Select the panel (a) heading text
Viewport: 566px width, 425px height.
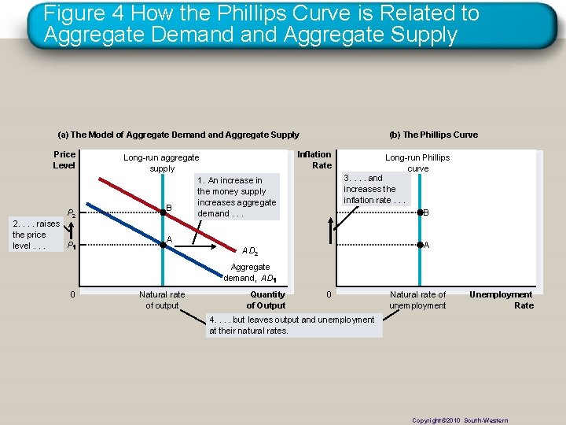pos(178,135)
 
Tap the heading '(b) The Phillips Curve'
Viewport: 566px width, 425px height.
pos(434,135)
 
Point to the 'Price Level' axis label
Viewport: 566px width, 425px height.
pos(64,160)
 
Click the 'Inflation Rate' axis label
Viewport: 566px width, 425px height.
pos(314,160)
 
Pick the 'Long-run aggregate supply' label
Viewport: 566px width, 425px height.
pos(161,163)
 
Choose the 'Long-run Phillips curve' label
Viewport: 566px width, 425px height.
pos(417,163)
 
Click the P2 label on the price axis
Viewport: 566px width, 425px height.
pos(71,213)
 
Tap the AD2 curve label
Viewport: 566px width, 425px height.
pos(251,252)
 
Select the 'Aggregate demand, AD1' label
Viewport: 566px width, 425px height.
pos(250,272)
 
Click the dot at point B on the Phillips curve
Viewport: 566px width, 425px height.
pos(419,213)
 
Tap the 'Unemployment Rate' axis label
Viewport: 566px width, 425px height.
pos(501,300)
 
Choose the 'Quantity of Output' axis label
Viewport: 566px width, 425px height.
pos(266,300)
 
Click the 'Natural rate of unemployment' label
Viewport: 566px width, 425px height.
pos(417,300)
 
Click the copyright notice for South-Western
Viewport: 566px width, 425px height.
pos(460,420)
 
